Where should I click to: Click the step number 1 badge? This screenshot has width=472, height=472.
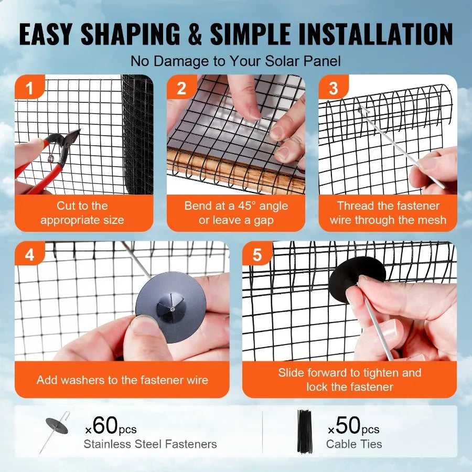point(29,88)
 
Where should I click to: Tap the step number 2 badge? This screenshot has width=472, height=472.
point(181,88)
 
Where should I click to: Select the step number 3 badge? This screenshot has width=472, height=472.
point(334,88)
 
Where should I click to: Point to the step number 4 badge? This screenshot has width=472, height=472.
point(29,255)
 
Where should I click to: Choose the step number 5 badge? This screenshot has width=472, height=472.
point(257,255)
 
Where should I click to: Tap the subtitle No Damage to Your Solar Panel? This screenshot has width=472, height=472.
point(235,61)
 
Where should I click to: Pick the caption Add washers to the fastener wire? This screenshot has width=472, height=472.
point(122,380)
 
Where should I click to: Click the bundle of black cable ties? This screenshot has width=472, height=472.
point(305,431)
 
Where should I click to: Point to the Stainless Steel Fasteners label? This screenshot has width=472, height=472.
point(150,444)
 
